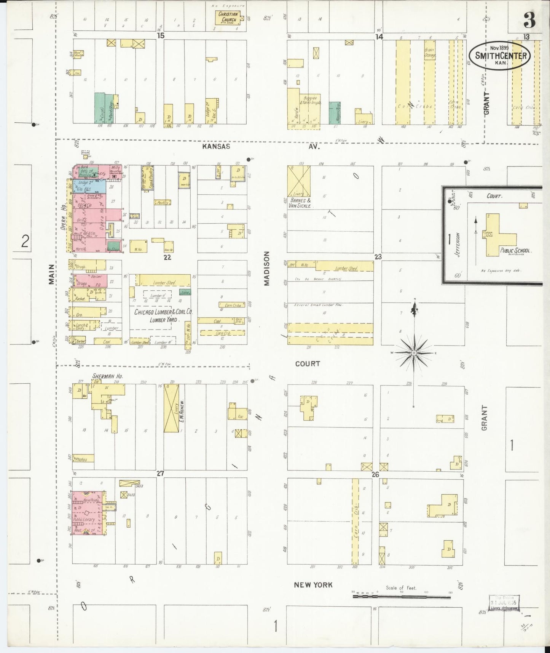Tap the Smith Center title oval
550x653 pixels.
pyautogui.click(x=501, y=55)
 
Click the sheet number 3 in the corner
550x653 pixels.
pyautogui.click(x=529, y=20)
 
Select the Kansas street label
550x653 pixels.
pyautogui.click(x=216, y=146)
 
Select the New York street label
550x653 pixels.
pyautogui.click(x=313, y=584)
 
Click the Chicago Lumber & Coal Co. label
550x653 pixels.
pyautogui.click(x=163, y=312)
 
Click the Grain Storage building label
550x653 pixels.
pyautogui.click(x=430, y=52)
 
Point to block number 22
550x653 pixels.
pyautogui.click(x=167, y=258)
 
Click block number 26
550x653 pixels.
pyautogui.click(x=375, y=475)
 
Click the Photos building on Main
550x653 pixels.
pyautogui.click(x=81, y=459)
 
